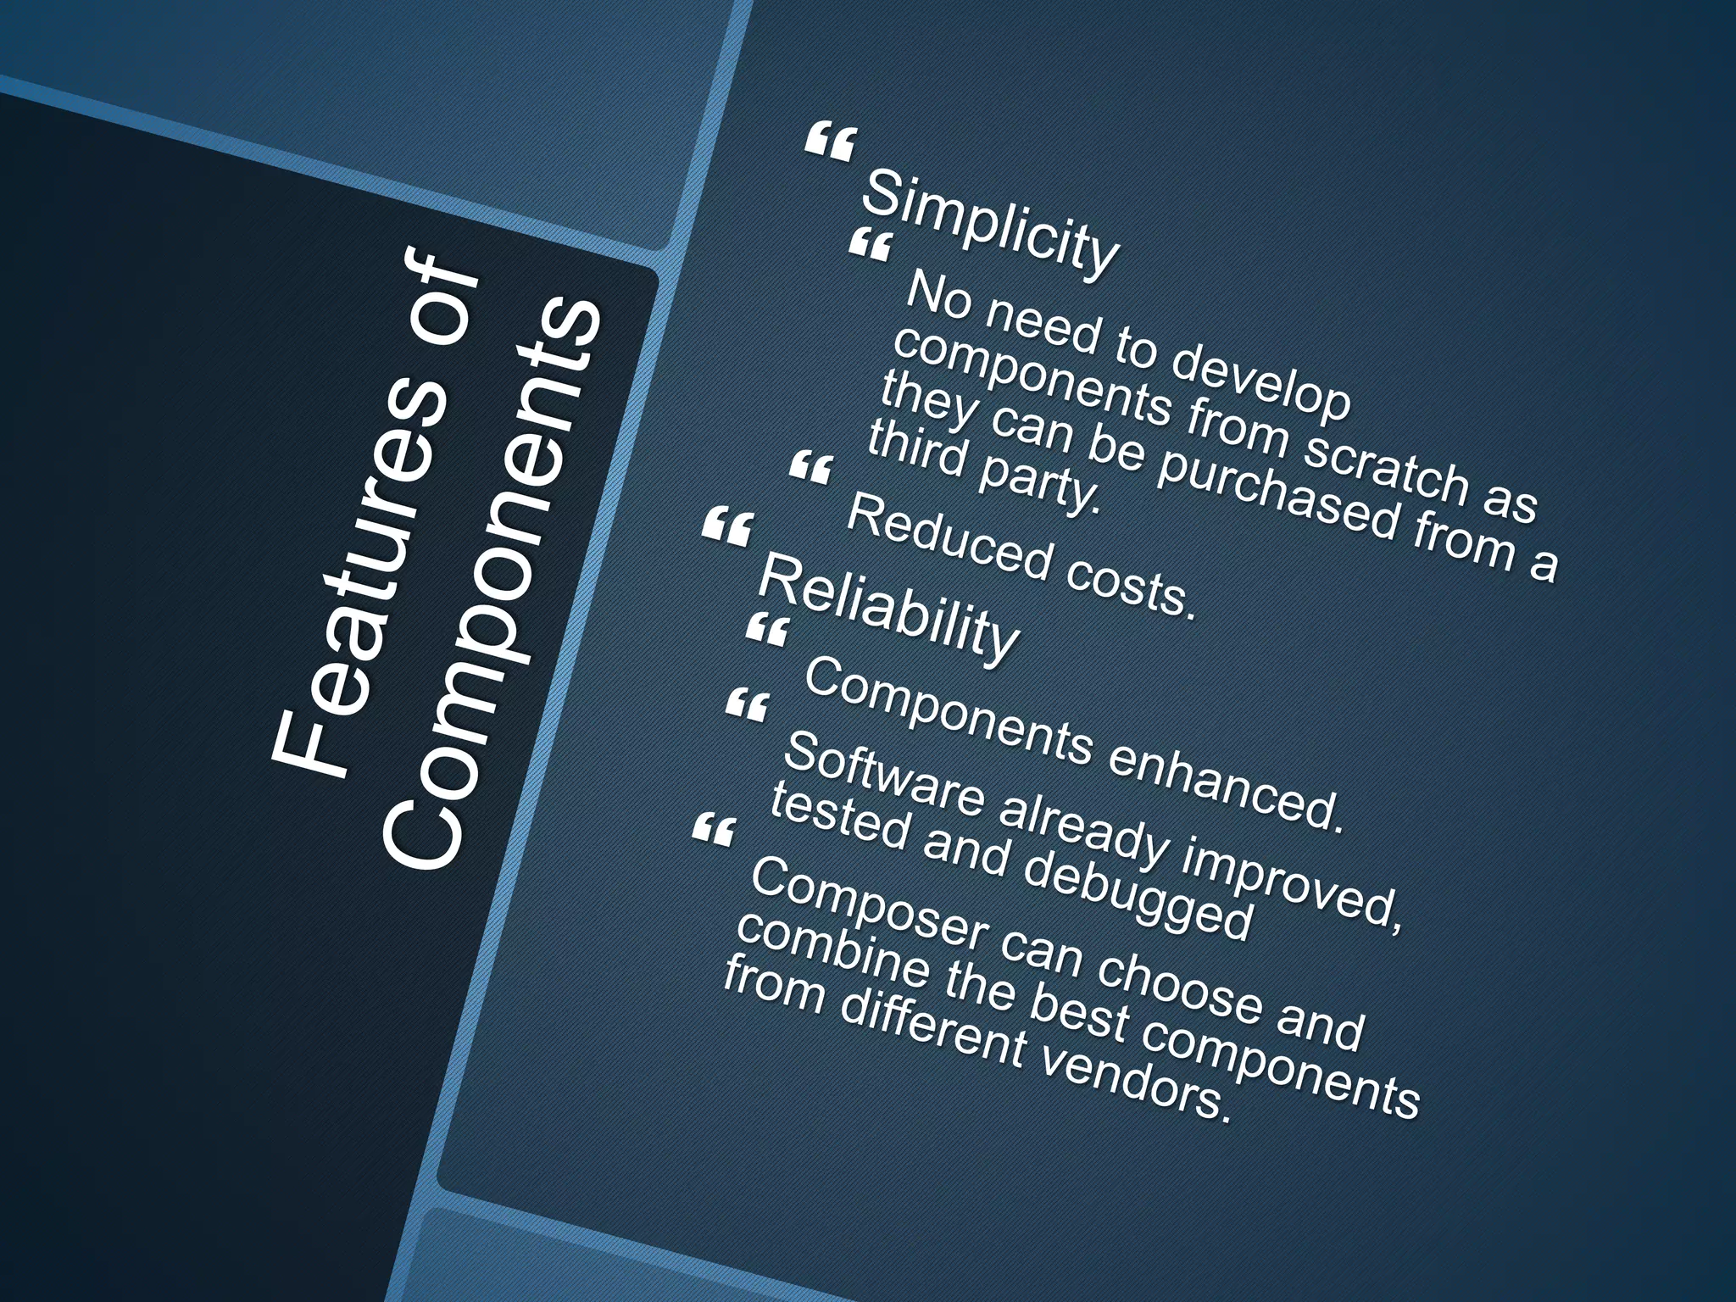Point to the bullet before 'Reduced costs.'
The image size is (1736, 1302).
click(811, 468)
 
